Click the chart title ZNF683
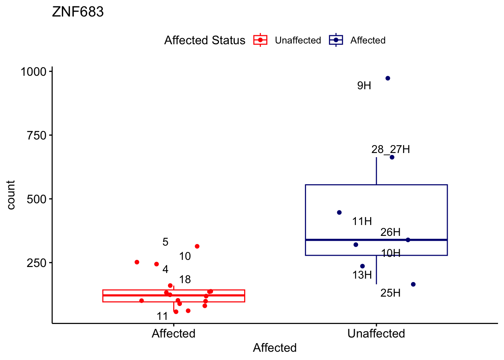(78, 12)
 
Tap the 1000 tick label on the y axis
(33, 72)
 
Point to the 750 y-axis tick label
(36, 135)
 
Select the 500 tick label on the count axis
(36, 199)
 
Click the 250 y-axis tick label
(36, 263)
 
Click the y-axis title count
(11, 195)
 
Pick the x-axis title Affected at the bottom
(274, 348)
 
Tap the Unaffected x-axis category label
(376, 333)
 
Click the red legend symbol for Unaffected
(260, 40)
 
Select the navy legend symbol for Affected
(336, 40)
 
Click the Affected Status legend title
(205, 40)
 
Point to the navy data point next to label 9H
(388, 78)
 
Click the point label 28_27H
(390, 150)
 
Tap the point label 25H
(390, 293)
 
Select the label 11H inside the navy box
(362, 221)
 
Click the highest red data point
(197, 246)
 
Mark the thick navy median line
(376, 240)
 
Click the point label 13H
(362, 275)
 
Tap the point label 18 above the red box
(185, 279)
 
